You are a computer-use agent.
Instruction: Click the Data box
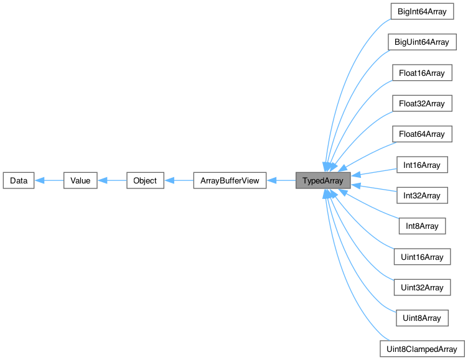coord(18,181)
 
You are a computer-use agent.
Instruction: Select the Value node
coord(80,181)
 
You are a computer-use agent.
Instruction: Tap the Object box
coord(145,181)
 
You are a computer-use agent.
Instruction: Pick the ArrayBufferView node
coord(230,181)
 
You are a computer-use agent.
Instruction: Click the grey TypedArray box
coord(323,181)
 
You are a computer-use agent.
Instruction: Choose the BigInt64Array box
coord(421,12)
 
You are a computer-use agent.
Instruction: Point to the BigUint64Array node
coord(421,43)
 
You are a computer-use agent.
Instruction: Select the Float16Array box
coord(421,73)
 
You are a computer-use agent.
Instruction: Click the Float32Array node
coord(421,104)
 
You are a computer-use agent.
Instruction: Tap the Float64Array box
coord(421,134)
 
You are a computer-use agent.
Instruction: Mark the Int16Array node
coord(421,165)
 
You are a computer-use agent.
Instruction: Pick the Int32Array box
coord(421,195)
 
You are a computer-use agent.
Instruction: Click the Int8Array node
coord(421,226)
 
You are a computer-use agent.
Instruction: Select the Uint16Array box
coord(421,257)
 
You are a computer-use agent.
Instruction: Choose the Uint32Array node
coord(421,287)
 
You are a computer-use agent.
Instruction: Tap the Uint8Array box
coord(421,318)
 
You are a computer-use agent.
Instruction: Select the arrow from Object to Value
coord(111,181)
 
